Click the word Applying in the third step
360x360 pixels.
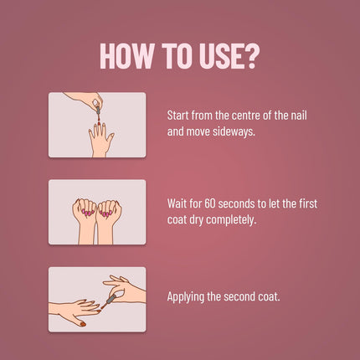click(184, 297)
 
